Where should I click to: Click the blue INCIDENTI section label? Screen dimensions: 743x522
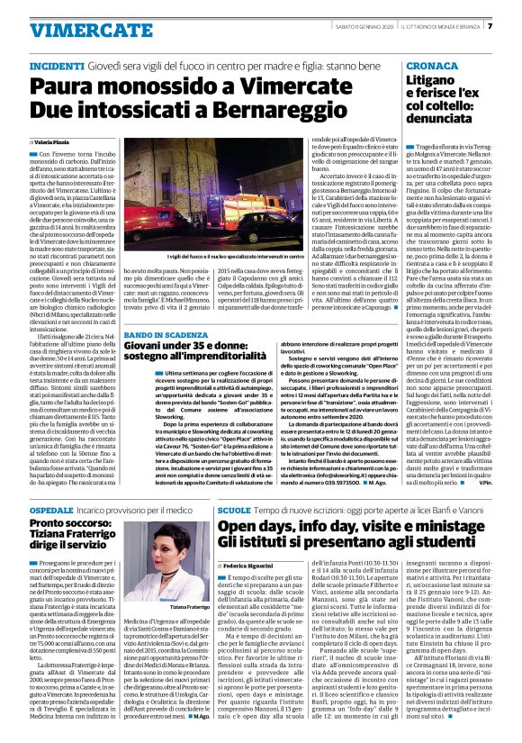pos(58,68)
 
